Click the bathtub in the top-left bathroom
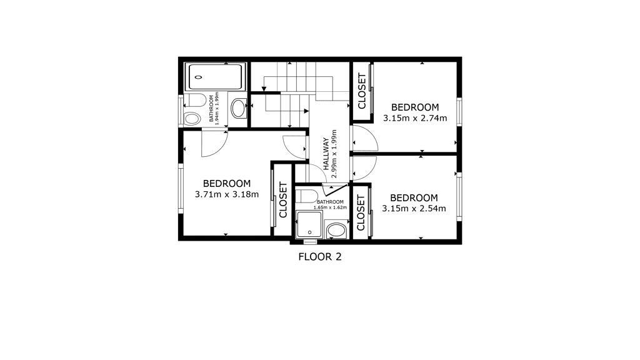(215, 76)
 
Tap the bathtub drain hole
(199, 77)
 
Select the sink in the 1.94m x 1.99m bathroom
(238, 108)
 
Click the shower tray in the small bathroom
(309, 224)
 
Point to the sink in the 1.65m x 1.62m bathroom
(336, 230)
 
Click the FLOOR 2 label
(320, 257)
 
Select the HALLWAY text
(326, 154)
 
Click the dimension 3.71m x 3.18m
(227, 194)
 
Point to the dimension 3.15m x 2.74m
(415, 118)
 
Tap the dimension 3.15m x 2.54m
(414, 209)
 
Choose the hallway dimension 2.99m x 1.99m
(334, 154)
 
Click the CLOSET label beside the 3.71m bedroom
(283, 200)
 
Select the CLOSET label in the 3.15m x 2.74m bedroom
(362, 91)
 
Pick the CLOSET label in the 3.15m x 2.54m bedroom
(361, 212)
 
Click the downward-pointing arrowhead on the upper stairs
(264, 89)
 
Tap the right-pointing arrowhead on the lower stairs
(306, 111)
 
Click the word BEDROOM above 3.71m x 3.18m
(227, 184)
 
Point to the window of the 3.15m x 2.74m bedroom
(459, 111)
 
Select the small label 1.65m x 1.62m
(330, 207)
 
